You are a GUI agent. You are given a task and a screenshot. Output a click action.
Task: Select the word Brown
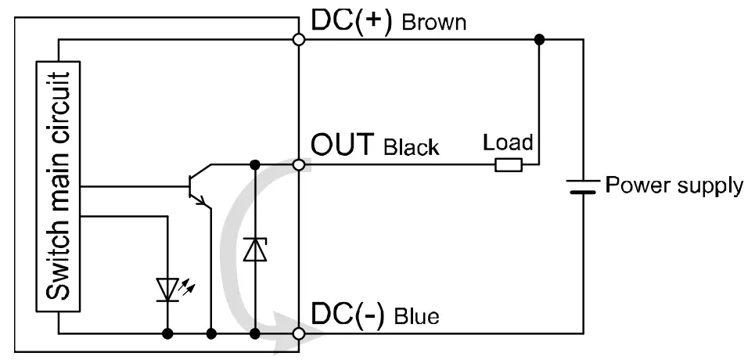[433, 23]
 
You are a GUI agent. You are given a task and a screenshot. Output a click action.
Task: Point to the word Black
[412, 147]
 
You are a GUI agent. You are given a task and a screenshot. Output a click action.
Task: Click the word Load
[508, 142]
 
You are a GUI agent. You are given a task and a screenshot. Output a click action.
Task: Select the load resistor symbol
[509, 165]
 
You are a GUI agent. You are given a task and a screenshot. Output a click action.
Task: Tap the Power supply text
[674, 185]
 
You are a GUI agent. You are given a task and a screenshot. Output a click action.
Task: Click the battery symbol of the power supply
[583, 186]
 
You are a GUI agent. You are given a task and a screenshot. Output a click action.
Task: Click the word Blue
[416, 317]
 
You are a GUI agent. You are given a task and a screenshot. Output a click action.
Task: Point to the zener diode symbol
[255, 249]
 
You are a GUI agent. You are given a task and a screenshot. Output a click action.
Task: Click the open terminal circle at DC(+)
[298, 39]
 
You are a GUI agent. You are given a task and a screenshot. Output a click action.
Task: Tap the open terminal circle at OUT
[298, 165]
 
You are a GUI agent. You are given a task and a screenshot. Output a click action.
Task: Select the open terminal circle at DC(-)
[298, 334]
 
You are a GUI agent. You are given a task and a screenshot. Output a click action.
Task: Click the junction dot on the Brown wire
[539, 39]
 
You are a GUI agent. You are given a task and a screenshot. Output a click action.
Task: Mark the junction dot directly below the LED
[167, 334]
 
